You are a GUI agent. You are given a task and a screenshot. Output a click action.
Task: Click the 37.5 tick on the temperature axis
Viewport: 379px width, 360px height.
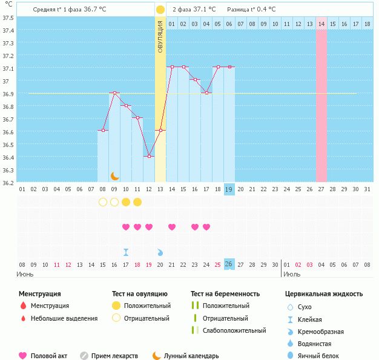point(8,17)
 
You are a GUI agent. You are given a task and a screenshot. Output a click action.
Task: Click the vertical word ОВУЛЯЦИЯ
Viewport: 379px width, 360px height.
point(160,36)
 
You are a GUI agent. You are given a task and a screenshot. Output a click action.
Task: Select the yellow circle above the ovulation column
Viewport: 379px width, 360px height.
point(160,10)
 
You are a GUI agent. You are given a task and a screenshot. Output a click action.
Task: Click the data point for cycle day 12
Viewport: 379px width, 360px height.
point(149,156)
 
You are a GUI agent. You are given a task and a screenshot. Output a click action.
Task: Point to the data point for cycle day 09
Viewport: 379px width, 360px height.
point(114,93)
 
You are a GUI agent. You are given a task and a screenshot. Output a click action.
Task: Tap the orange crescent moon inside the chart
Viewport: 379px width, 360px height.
point(114,175)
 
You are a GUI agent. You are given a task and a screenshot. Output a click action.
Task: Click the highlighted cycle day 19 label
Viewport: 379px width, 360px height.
point(229,189)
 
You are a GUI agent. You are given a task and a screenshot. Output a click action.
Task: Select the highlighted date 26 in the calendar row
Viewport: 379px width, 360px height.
point(229,264)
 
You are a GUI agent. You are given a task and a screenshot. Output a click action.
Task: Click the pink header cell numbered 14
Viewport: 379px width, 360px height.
point(321,24)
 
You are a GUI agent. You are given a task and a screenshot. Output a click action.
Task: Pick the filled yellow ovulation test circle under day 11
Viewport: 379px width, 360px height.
point(137,201)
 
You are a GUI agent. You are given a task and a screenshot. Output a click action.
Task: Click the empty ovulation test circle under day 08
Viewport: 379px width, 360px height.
point(103,201)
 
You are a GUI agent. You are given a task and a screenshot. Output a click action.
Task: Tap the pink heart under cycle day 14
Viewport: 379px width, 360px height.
point(172,227)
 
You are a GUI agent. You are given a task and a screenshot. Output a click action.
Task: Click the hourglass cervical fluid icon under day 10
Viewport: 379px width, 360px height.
point(126,252)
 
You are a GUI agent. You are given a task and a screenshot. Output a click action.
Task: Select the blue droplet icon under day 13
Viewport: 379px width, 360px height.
point(160,252)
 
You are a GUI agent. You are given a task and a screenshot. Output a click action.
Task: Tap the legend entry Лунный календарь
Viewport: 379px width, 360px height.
point(191,356)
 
